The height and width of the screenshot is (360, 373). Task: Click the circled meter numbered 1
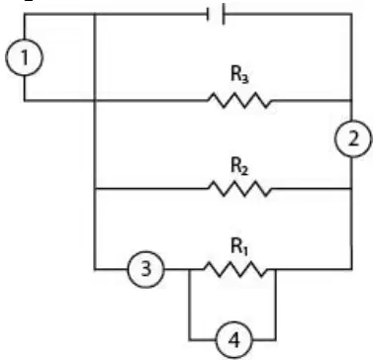tap(24, 57)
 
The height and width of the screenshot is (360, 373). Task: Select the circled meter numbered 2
tap(353, 138)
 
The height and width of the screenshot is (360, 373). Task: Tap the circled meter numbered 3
tap(145, 269)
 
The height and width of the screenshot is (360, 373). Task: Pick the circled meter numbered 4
tap(234, 340)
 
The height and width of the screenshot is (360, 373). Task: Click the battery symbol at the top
tap(216, 14)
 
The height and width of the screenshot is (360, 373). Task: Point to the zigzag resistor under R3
tap(240, 100)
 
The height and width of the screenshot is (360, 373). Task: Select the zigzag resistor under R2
tap(240, 189)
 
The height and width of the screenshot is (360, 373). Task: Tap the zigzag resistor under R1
tap(235, 269)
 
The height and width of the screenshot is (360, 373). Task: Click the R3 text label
tap(239, 75)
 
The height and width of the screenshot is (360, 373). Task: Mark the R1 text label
tap(238, 247)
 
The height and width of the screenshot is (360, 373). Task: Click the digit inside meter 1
tap(24, 57)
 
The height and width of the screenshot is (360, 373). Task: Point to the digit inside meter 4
tap(234, 340)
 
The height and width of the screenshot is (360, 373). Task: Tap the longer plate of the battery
tap(224, 14)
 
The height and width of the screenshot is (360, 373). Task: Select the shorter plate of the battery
tap(208, 14)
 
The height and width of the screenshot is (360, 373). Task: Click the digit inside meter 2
tap(353, 139)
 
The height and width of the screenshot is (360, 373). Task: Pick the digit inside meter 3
tap(145, 270)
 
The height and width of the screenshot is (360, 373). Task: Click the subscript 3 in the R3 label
tap(245, 79)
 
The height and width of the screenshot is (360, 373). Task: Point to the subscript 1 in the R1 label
tap(244, 251)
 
